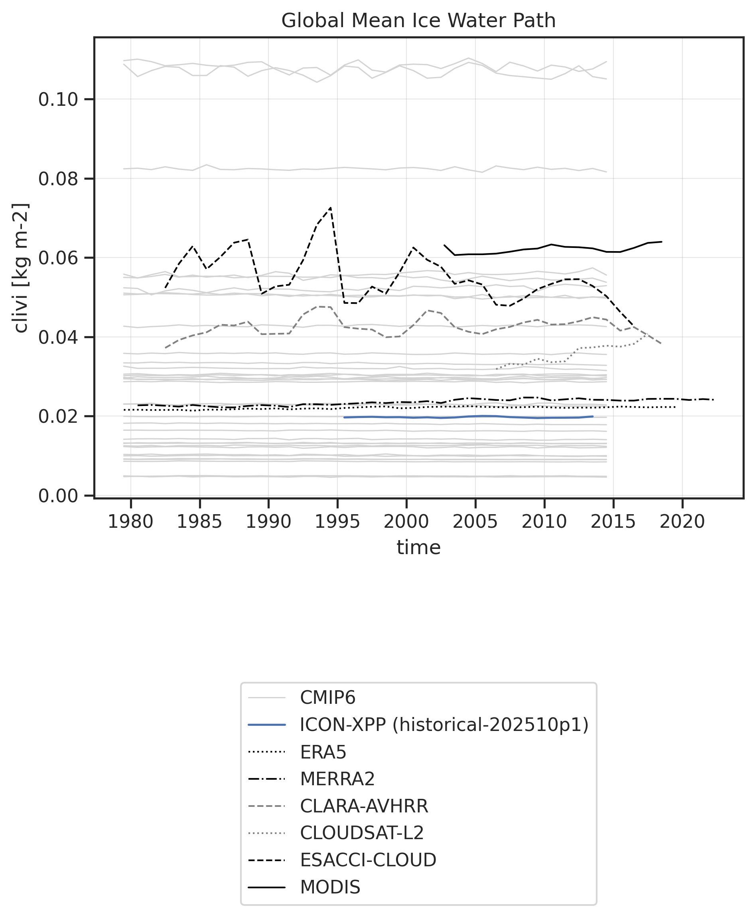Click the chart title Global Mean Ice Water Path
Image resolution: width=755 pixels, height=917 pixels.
tap(418, 20)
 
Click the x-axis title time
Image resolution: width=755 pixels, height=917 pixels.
tap(418, 547)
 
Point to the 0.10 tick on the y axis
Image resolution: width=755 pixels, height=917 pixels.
tap(58, 100)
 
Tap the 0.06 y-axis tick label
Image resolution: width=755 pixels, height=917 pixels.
tap(58, 258)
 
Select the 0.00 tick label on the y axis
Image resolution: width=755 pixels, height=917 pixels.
tap(58, 496)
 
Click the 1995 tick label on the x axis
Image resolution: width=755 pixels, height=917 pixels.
tap(337, 521)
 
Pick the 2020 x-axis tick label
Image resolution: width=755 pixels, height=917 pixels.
tap(682, 521)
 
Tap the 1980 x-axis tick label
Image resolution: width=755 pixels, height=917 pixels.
tap(130, 521)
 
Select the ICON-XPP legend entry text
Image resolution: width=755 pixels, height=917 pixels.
tap(444, 725)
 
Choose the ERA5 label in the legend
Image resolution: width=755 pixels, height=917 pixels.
tap(323, 752)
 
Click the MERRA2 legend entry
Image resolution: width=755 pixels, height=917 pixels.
tap(337, 778)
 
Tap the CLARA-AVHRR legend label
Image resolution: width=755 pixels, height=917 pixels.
tap(364, 806)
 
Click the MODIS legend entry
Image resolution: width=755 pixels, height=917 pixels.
tap(330, 887)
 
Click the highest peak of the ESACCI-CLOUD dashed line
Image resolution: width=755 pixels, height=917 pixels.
tap(331, 208)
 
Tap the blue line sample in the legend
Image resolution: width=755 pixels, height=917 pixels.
tap(266, 725)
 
